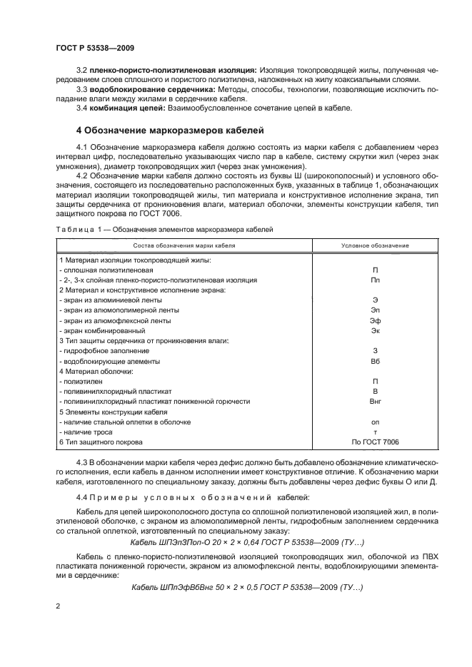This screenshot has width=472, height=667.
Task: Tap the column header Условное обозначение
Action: tap(375, 245)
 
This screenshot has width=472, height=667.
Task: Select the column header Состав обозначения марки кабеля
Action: tap(184, 245)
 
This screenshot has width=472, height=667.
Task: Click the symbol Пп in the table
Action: tap(376, 281)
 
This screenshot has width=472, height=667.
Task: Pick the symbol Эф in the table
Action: tap(376, 321)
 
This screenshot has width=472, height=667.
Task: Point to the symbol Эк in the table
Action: tap(376, 331)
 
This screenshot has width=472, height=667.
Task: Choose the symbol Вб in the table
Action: tap(376, 362)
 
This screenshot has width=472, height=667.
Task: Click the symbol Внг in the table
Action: tap(376, 402)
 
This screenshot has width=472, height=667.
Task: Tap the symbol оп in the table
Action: tap(376, 422)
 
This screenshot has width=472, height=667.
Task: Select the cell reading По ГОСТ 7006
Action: tap(376, 443)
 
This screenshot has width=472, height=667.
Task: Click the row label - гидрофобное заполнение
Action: tap(104, 352)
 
